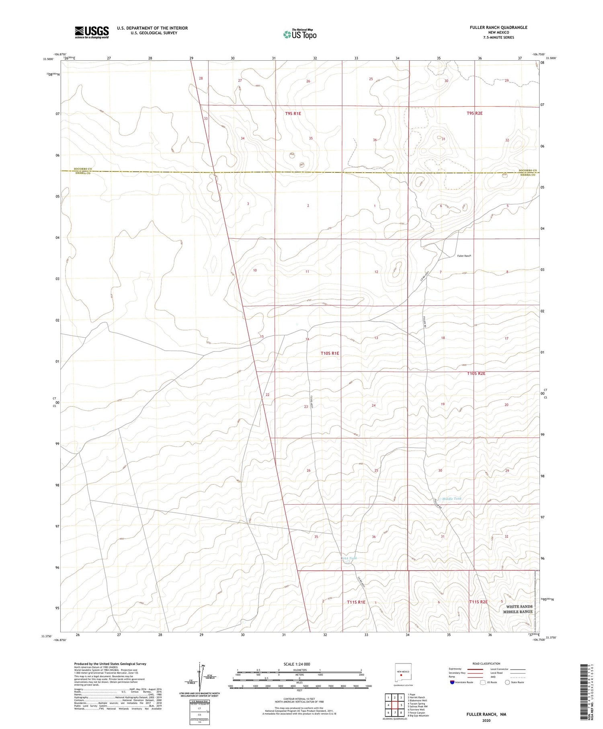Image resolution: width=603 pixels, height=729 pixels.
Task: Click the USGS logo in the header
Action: tap(92, 32)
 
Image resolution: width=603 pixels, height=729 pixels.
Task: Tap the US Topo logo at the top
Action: tap(300, 35)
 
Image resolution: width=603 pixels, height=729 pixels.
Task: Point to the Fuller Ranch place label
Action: tap(464, 256)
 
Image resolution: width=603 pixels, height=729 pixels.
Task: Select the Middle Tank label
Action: tap(452, 499)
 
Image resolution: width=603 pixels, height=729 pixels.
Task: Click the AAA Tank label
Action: tap(349, 558)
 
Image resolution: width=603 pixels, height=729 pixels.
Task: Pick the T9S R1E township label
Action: tap(293, 114)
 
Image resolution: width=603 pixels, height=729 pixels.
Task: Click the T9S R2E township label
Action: tap(474, 113)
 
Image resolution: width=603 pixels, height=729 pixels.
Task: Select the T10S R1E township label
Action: tap(330, 353)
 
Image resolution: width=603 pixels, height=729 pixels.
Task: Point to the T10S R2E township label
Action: tap(476, 374)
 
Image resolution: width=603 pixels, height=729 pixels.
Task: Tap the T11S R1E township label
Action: tap(356, 602)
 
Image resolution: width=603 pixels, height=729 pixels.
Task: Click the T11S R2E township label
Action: tap(478, 602)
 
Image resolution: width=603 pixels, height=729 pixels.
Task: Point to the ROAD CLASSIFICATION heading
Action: tap(486, 663)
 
